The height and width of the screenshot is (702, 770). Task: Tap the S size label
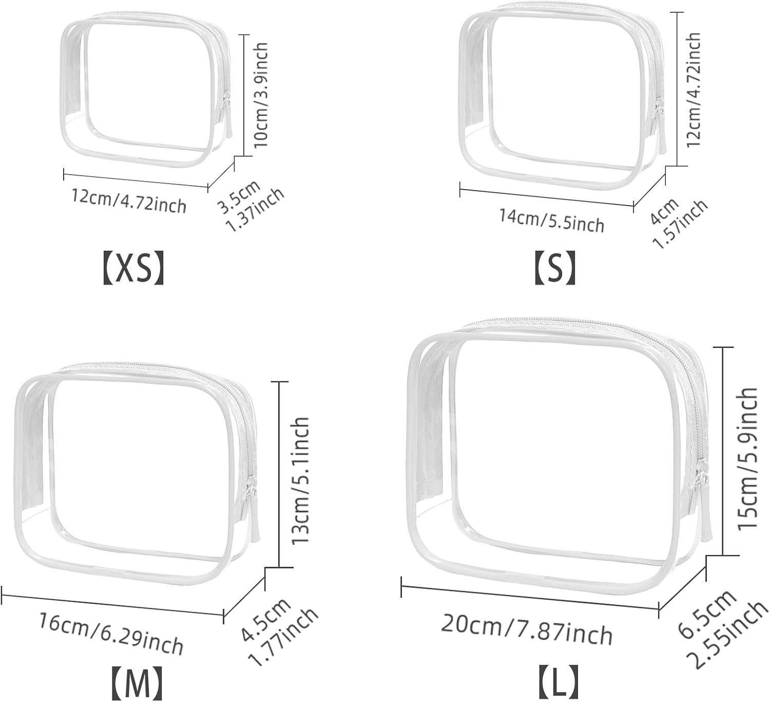555,268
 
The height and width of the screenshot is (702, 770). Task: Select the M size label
137,683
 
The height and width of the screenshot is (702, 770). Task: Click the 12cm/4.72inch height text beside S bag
694,89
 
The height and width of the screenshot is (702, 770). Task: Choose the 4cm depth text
664,211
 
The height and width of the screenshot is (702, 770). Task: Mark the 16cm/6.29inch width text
111,634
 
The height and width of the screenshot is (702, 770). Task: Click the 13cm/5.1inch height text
301,481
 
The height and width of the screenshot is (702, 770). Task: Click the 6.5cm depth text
707,614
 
